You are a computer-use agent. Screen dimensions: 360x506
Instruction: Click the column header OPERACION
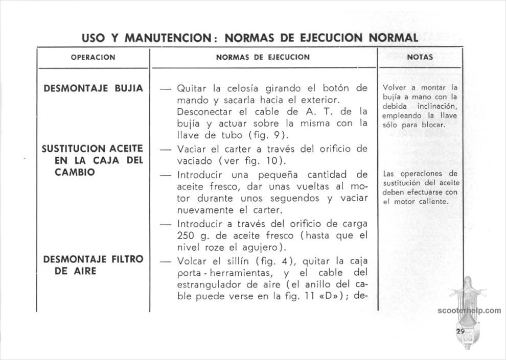click(x=93, y=58)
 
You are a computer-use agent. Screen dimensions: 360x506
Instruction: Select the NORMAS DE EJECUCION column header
click(x=263, y=57)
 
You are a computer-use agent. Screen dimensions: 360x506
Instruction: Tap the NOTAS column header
click(x=420, y=58)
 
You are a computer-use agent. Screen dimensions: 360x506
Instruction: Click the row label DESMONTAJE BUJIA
click(x=93, y=88)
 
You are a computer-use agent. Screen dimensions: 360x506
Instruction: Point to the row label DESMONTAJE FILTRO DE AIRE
click(x=93, y=265)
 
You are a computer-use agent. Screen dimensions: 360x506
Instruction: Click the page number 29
click(x=460, y=331)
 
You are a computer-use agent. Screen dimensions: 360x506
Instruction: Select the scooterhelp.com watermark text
click(x=469, y=310)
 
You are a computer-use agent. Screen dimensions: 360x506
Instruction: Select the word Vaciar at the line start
click(x=190, y=149)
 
